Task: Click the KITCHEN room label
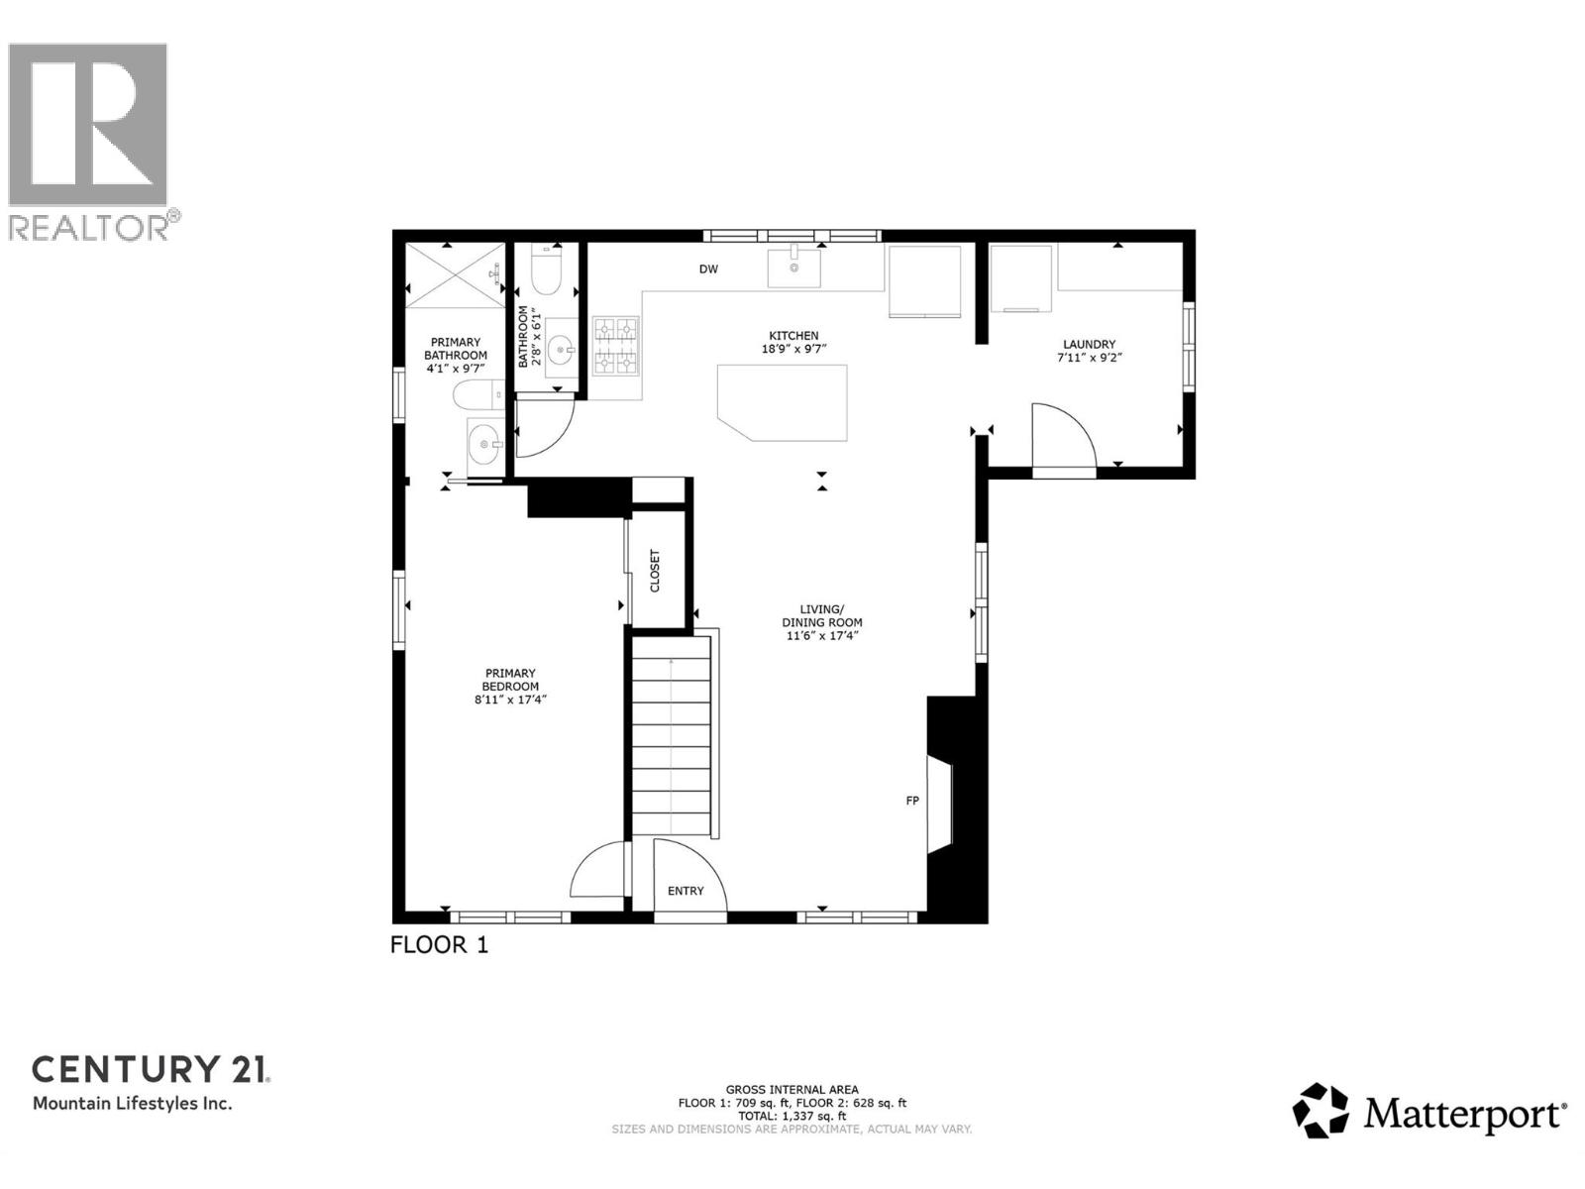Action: (797, 336)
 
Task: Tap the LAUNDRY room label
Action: (1089, 345)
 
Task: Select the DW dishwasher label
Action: (708, 270)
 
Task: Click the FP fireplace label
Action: (912, 800)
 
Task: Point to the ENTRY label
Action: (686, 891)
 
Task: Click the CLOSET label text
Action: (655, 571)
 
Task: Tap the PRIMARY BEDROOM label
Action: (510, 680)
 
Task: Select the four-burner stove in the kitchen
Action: (615, 346)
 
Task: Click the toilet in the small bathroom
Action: (546, 268)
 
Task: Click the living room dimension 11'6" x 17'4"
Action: (821, 635)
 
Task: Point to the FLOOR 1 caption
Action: (439, 944)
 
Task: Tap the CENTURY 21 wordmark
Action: (151, 1069)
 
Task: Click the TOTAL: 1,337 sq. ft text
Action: (792, 1116)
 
